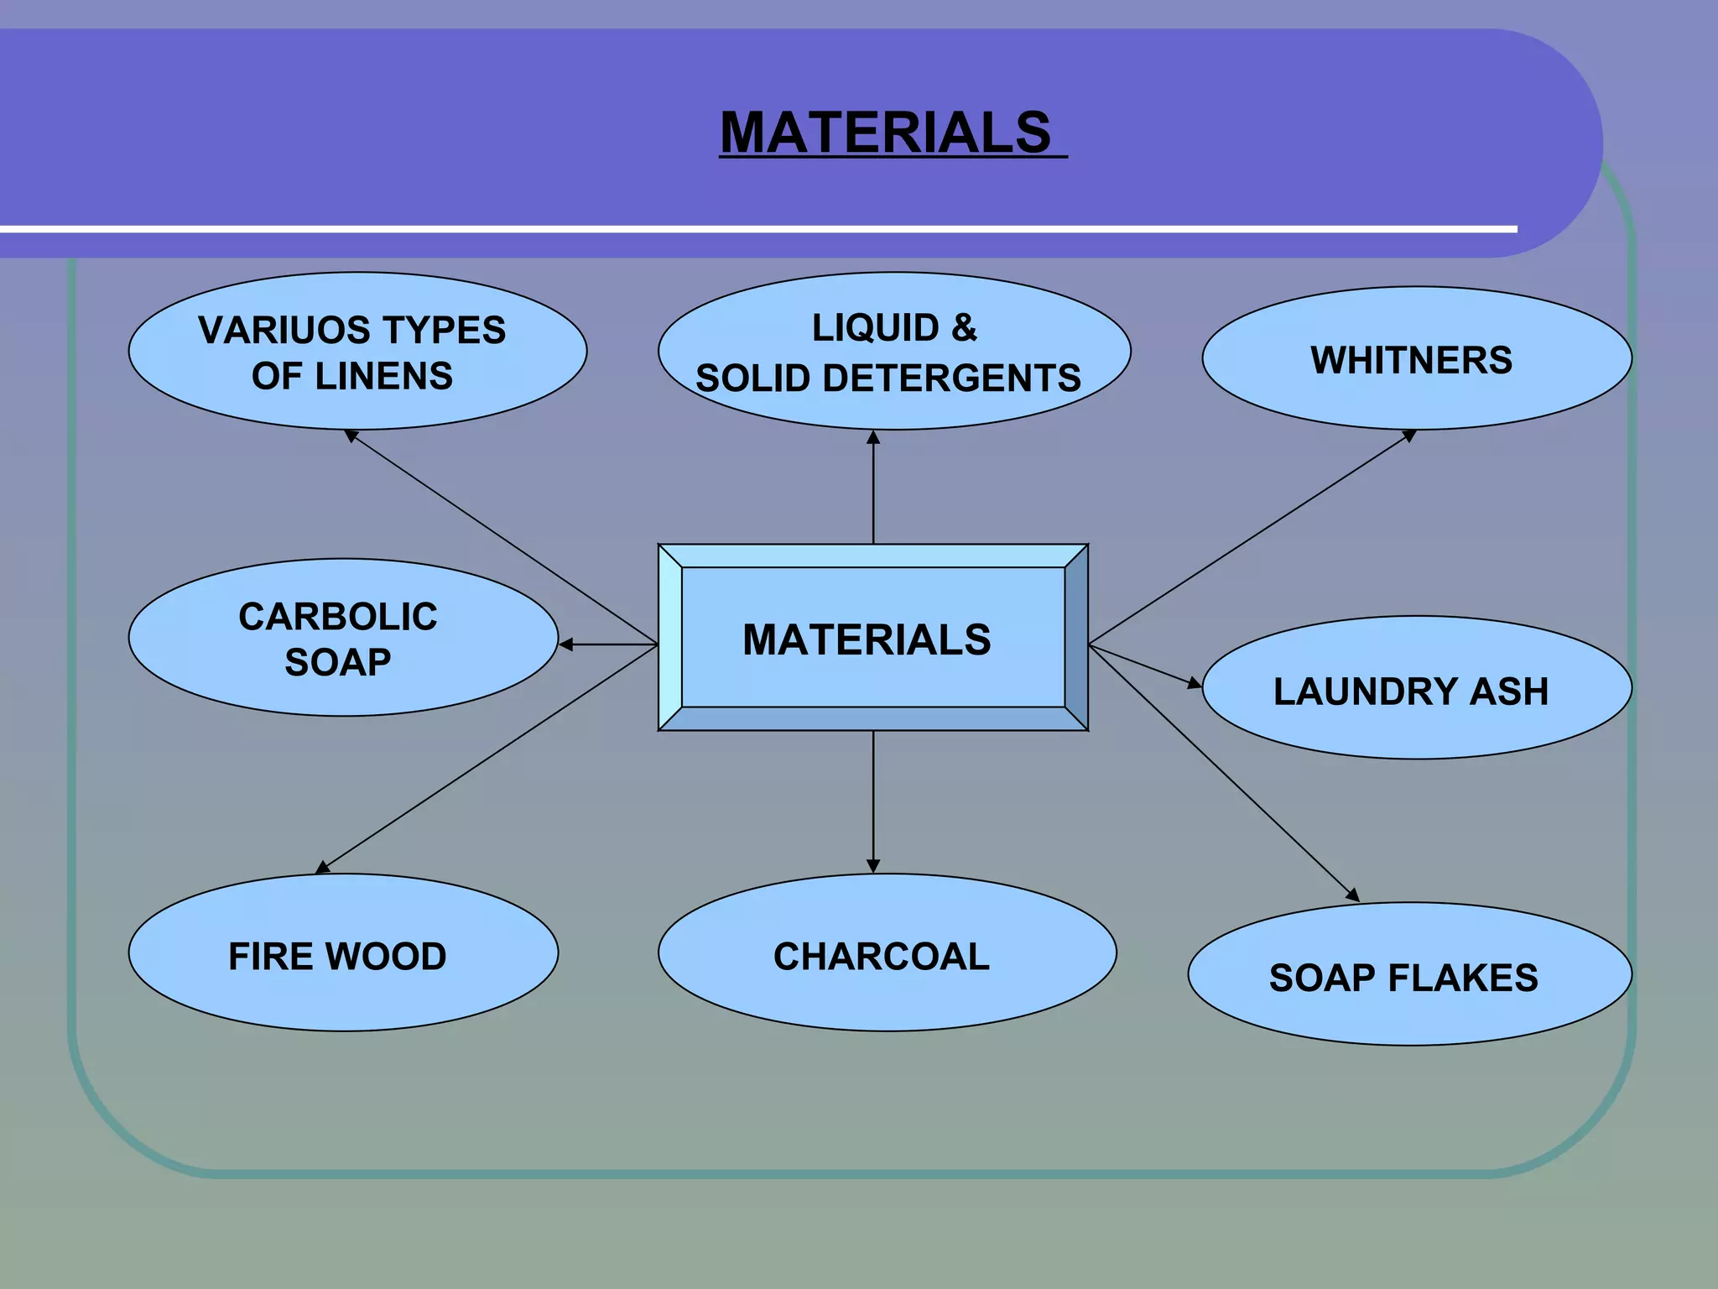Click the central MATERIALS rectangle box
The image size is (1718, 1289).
click(872, 638)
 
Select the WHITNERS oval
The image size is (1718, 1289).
click(1416, 359)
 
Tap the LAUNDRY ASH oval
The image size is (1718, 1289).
click(1416, 690)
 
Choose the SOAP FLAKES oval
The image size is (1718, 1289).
click(1409, 976)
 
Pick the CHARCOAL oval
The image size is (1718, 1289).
click(886, 954)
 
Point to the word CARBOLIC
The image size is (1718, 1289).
click(337, 617)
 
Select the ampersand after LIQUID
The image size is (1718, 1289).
click(964, 327)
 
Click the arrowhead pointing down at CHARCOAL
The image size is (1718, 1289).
click(873, 866)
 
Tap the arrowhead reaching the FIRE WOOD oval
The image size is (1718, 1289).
click(322, 868)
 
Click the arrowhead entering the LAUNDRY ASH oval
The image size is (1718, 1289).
click(1195, 684)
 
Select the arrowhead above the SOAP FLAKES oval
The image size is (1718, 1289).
click(1352, 895)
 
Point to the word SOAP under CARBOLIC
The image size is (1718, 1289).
click(337, 663)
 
